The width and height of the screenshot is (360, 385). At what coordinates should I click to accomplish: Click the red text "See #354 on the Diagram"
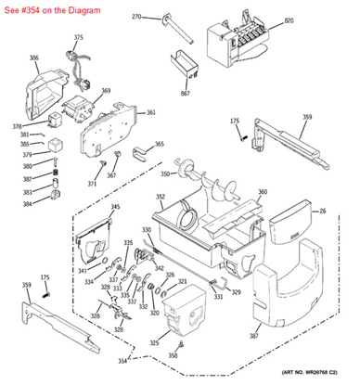46,7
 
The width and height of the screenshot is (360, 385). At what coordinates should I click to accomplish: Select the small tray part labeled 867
185,67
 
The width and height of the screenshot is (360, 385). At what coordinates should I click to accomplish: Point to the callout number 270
136,17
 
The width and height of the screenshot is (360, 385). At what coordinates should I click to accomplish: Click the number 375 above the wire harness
78,37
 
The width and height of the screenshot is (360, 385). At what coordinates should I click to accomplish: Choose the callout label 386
34,58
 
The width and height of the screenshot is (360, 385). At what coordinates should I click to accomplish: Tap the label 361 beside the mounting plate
151,112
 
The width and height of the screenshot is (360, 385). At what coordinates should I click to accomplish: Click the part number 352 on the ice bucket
161,197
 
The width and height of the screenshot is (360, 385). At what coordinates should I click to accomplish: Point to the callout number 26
323,211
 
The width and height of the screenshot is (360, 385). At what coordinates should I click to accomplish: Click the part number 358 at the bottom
173,355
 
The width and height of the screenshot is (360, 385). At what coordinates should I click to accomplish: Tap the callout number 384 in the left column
28,203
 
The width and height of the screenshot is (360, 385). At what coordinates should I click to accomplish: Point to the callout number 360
263,192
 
